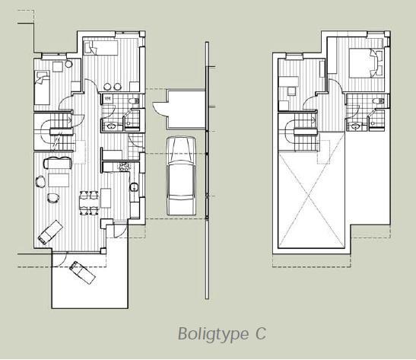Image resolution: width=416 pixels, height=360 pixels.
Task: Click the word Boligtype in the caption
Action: (214, 334)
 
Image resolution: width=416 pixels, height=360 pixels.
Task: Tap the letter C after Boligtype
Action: (261, 333)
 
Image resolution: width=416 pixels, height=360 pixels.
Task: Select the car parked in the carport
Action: (181, 176)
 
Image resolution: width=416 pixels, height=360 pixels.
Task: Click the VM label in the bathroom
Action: (108, 99)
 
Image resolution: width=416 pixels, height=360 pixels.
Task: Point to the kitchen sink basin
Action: (135, 187)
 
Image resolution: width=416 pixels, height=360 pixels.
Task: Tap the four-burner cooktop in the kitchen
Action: (125, 167)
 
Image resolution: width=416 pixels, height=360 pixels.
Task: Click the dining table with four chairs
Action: (89, 202)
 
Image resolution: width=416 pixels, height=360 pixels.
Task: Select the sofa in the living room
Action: (58, 162)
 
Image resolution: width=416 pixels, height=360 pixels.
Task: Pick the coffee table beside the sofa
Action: (59, 180)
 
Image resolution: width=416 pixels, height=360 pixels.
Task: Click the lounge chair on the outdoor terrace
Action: (82, 272)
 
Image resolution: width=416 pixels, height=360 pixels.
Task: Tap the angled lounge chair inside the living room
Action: (50, 232)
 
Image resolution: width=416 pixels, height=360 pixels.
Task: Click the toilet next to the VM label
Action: (133, 101)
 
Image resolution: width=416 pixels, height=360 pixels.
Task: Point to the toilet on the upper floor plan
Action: (378, 101)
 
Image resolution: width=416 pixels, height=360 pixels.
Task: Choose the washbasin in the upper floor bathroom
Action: (355, 126)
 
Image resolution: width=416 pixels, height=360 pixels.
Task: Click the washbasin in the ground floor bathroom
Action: (110, 126)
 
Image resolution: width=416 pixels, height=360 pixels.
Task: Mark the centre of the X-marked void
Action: (311, 196)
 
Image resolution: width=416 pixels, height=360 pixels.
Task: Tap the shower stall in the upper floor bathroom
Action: (376, 120)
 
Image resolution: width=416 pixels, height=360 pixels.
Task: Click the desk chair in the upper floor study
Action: (291, 91)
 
